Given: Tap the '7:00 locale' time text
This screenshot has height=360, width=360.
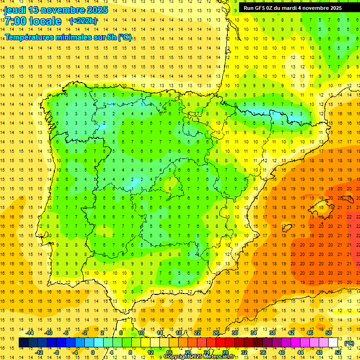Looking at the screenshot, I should click(x=33, y=21).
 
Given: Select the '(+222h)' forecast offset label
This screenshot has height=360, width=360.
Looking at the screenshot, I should click(x=83, y=21).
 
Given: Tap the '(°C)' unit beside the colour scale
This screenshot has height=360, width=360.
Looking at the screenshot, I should click(x=349, y=343).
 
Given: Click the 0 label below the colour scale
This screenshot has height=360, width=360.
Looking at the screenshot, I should click(x=93, y=352).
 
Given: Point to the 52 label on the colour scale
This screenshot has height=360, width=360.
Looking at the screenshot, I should click(x=338, y=352).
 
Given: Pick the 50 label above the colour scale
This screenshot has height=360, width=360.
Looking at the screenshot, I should click(x=329, y=333).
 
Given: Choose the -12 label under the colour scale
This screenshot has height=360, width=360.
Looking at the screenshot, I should click(x=39, y=352).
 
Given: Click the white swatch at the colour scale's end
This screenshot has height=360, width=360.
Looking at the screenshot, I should click(x=333, y=343).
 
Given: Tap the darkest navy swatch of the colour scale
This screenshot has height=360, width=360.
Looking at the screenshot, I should click(x=23, y=343).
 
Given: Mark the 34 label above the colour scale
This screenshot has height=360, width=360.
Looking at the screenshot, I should click(x=254, y=333).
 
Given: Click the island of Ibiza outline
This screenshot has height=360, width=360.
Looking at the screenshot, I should click(x=286, y=228).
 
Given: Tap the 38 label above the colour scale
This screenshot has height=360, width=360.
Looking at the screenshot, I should click(x=272, y=333).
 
